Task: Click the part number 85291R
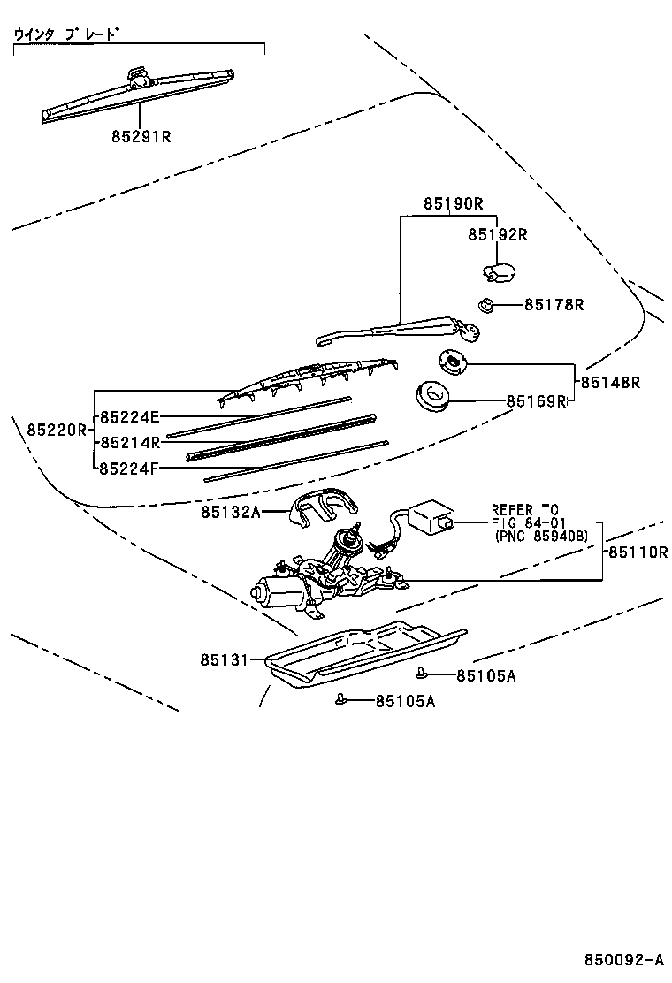[x=141, y=137]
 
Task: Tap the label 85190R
[x=453, y=203]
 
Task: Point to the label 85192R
[x=497, y=234]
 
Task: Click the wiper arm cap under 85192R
[x=500, y=271]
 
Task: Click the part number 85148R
[x=610, y=383]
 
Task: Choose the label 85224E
[x=129, y=416]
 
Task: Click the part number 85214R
[x=129, y=442]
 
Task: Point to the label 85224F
[x=129, y=468]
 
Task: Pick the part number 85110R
[x=637, y=552]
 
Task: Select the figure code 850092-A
[x=622, y=960]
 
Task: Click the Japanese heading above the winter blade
[x=66, y=34]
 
